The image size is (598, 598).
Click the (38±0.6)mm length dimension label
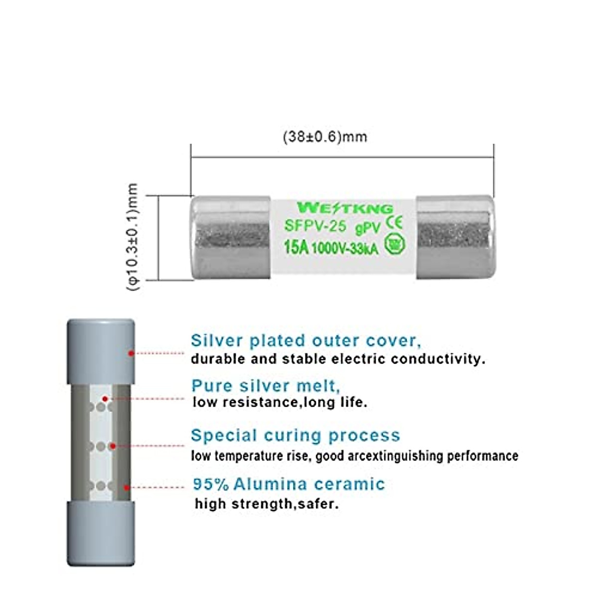tap(325, 137)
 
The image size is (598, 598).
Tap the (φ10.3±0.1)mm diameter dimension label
tap(133, 237)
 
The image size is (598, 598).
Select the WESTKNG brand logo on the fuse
tap(345, 208)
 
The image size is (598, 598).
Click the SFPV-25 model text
tap(315, 226)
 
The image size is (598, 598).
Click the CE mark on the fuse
tap(394, 222)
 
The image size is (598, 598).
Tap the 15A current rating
tap(296, 247)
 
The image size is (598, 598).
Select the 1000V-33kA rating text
tap(345, 248)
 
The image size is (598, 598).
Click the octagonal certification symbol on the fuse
tap(394, 244)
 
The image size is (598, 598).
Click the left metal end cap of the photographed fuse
tap(231, 237)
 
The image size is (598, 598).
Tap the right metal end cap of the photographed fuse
tap(455, 237)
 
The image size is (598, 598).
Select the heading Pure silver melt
tap(266, 386)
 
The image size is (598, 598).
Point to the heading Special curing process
tap(296, 435)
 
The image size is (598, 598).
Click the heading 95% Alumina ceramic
tap(289, 484)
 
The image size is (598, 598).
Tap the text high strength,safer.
tap(267, 504)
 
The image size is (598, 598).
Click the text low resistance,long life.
tap(280, 402)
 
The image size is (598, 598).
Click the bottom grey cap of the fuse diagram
tap(101, 533)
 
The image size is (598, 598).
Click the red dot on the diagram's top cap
tap(131, 353)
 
